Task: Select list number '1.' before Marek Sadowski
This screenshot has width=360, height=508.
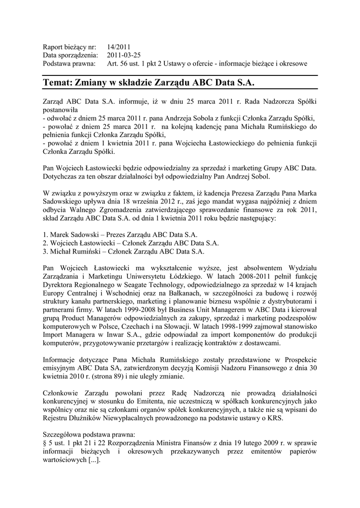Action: pos(46,234)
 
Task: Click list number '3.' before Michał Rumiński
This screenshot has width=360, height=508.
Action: pos(46,251)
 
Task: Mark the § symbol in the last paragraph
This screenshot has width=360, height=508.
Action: pos(45,443)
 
